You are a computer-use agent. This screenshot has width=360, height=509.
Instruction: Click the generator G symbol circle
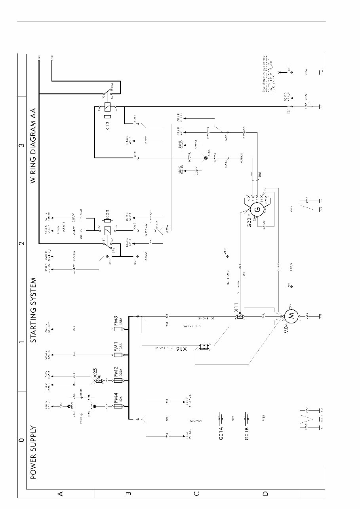pyautogui.click(x=257, y=209)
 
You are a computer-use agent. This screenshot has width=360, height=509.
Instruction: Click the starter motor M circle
pyautogui.click(x=291, y=316)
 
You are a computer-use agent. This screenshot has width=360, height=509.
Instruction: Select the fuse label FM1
pyautogui.click(x=116, y=347)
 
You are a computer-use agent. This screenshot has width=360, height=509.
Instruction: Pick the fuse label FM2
pyautogui.click(x=116, y=373)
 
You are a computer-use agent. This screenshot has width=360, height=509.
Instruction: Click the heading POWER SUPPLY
pyautogui.click(x=33, y=452)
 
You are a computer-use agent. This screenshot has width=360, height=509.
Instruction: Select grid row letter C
pyautogui.click(x=196, y=494)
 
